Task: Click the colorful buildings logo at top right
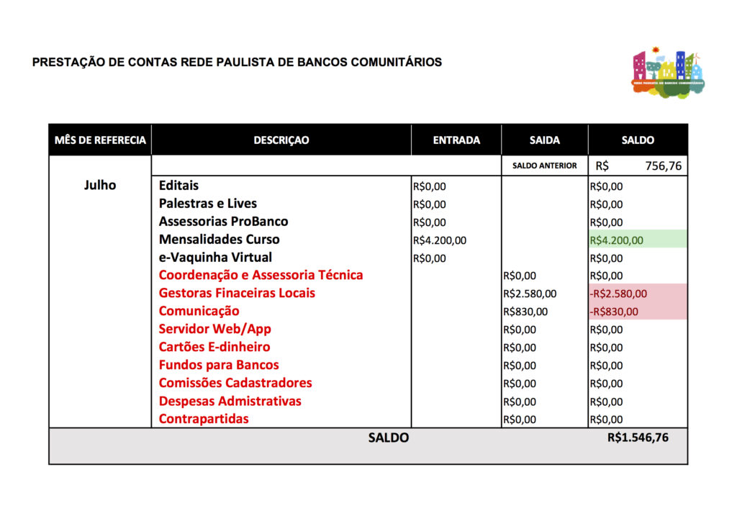click(x=667, y=73)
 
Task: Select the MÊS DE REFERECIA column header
click(x=100, y=140)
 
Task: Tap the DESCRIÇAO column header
click(x=281, y=140)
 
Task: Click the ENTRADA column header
click(x=456, y=140)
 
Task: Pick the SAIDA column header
click(x=544, y=140)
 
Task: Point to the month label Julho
click(x=100, y=185)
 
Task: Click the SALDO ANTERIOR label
click(x=544, y=166)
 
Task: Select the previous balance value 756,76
click(x=663, y=166)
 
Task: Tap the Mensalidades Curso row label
click(x=219, y=240)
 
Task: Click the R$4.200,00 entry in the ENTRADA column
click(x=440, y=240)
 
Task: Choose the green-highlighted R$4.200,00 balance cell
click(x=617, y=240)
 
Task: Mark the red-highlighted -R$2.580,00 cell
click(x=618, y=294)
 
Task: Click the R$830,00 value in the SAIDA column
click(x=525, y=312)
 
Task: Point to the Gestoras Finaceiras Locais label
click(x=237, y=293)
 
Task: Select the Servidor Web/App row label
click(x=214, y=329)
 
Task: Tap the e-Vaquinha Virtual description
click(x=215, y=258)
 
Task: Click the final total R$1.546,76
click(x=638, y=437)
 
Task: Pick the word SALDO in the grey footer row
click(x=388, y=438)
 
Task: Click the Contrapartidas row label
click(x=204, y=419)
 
